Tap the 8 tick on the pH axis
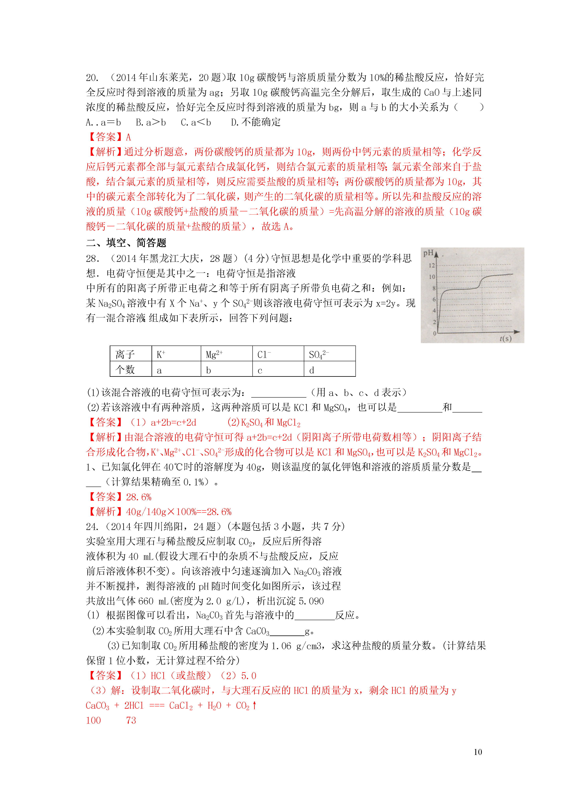pos(434,288)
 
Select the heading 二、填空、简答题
pos(126,243)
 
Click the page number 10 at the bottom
pos(478,752)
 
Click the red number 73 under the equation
pos(131,720)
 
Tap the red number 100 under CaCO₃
pos(93,720)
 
